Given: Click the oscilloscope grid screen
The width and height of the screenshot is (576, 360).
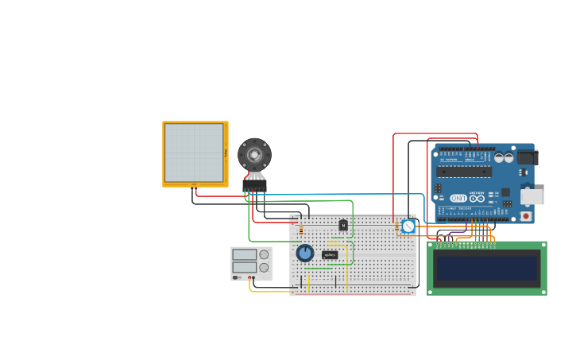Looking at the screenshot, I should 194,153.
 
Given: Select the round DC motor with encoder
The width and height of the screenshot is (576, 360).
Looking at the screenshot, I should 254,154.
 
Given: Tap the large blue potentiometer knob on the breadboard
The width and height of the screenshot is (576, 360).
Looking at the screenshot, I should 305,253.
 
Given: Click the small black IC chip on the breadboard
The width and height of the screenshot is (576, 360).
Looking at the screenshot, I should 330,255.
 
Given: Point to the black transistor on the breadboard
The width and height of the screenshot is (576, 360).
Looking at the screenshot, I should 343,225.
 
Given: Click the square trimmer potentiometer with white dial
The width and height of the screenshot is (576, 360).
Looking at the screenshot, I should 408,226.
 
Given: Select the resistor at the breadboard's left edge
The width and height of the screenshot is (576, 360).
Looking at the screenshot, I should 301,230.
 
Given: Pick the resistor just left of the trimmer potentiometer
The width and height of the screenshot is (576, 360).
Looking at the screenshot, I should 396,227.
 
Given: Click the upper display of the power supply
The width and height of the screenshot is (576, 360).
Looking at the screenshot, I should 244,255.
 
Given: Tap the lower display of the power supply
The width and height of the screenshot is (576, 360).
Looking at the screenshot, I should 244,268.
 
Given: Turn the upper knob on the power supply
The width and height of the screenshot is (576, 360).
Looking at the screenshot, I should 264,255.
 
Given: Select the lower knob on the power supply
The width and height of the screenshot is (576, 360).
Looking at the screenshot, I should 264,268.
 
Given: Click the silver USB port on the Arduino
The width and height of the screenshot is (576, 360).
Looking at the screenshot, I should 532,196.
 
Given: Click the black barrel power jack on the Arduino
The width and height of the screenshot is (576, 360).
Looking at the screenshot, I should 528,157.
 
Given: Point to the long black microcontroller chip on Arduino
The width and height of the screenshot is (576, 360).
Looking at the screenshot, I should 464,172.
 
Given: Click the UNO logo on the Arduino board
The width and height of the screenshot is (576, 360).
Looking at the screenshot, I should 458,198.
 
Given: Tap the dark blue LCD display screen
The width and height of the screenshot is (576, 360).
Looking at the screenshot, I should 487,269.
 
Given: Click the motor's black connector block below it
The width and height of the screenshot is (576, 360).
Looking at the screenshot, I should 254,185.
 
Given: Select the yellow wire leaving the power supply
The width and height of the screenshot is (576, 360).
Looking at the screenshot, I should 270,291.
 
